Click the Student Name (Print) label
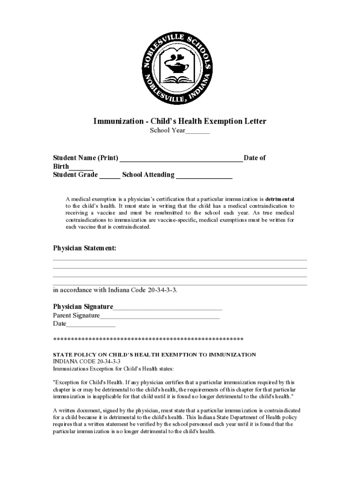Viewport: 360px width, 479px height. coord(86,158)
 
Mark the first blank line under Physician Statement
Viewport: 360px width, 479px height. coord(180,259)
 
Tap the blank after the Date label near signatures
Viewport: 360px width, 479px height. coord(91,325)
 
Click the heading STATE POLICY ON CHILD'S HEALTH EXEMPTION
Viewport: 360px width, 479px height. coord(154,355)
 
